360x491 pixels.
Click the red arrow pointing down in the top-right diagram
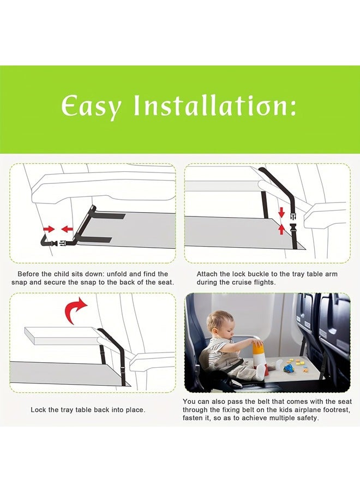click(281, 212)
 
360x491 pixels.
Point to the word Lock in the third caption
click(38, 410)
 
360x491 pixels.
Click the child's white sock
click(261, 372)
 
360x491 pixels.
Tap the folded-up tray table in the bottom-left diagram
click(60, 336)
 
